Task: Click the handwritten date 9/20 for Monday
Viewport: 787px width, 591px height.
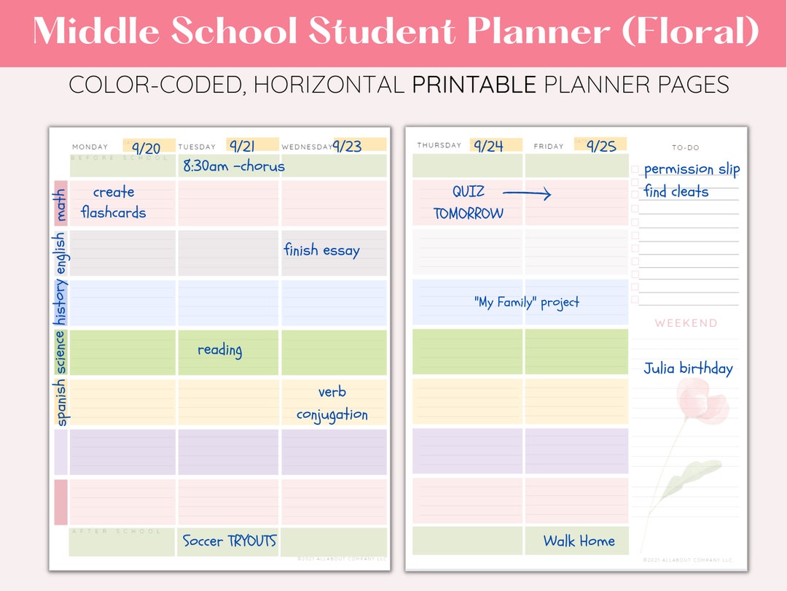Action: point(146,148)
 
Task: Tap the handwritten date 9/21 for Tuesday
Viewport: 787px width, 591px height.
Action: point(242,146)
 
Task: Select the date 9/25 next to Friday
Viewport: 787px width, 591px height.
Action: point(601,146)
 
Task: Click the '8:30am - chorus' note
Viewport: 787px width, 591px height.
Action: point(234,166)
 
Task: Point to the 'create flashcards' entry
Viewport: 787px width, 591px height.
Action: point(114,202)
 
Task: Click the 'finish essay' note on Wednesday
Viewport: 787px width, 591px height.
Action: point(321,250)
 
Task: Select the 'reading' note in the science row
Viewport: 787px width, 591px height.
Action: point(219,350)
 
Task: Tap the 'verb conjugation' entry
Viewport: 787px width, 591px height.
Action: point(332,403)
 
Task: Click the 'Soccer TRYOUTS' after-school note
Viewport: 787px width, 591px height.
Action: point(230,541)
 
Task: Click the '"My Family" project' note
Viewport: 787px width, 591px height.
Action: point(527,302)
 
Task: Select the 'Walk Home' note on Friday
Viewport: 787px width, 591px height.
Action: point(579,541)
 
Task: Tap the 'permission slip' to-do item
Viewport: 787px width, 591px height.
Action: point(692,169)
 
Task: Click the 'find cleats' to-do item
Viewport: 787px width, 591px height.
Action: point(676,192)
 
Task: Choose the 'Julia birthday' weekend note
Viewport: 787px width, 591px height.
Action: point(688,368)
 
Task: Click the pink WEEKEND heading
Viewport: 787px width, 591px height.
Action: point(686,322)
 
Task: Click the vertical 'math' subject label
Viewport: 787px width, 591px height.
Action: point(60,205)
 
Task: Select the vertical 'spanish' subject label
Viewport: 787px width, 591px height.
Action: point(60,402)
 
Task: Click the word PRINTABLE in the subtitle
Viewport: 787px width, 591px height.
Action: point(474,86)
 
